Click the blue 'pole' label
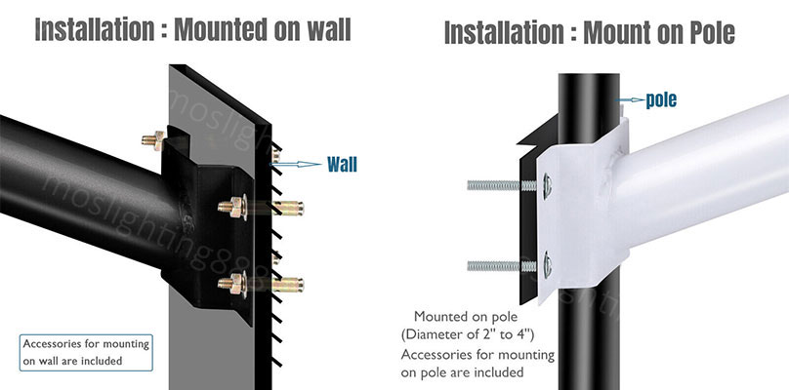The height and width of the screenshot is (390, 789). click(660, 99)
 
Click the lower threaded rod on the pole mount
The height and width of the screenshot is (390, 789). click(499, 263)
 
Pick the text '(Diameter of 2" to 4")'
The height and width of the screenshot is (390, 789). click(472, 335)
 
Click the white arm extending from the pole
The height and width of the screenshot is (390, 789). click(703, 175)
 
